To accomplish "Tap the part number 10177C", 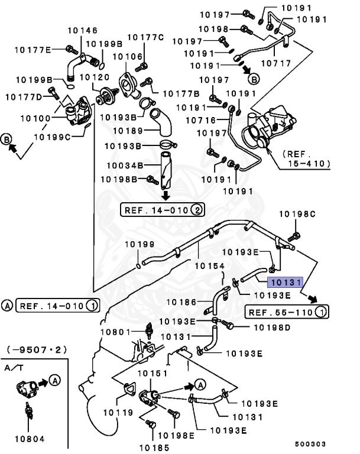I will [145, 37].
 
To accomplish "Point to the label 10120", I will [93, 77].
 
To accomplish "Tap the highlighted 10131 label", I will [286, 283].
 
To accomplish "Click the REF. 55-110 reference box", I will [286, 312].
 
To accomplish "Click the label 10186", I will [180, 302].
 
